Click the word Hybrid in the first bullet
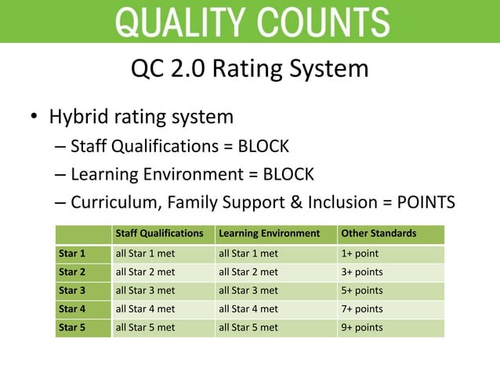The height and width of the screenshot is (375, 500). [x=80, y=118]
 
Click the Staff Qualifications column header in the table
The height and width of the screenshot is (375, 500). [x=159, y=234]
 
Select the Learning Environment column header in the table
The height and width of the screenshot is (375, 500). [x=269, y=234]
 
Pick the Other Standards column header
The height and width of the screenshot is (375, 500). [x=379, y=234]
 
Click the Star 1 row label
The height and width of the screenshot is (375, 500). [x=72, y=254]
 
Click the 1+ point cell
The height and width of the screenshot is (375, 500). [x=360, y=254]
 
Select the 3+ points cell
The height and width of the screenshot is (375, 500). [x=362, y=272]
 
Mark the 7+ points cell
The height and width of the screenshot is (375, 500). [x=362, y=309]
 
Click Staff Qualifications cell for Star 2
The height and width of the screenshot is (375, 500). [x=145, y=272]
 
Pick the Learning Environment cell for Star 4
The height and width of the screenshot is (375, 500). [x=248, y=309]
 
